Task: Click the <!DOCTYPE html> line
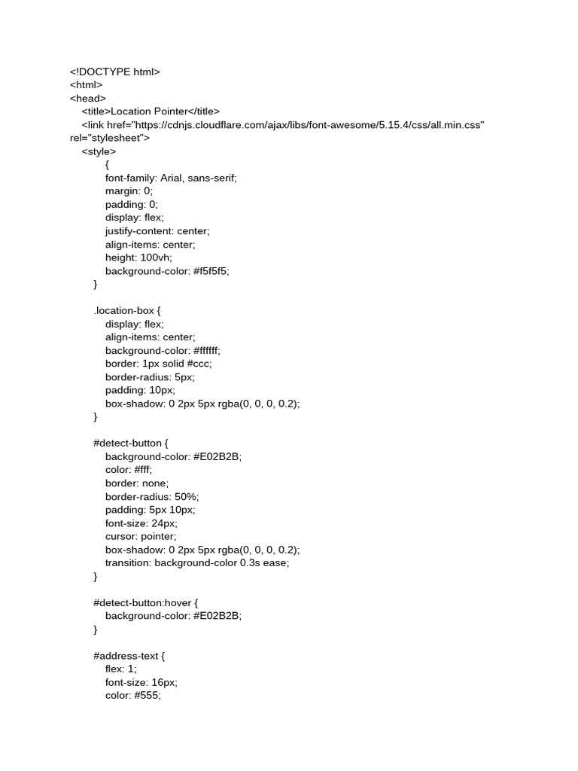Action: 115,72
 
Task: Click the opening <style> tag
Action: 99,151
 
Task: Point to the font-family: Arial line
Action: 171,178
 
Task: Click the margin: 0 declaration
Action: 128,191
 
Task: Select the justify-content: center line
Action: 157,231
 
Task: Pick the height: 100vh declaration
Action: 138,258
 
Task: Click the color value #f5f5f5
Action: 211,271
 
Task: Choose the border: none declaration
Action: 137,483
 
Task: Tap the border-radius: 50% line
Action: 152,497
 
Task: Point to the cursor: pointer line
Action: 141,537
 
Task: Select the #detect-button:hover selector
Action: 145,603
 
